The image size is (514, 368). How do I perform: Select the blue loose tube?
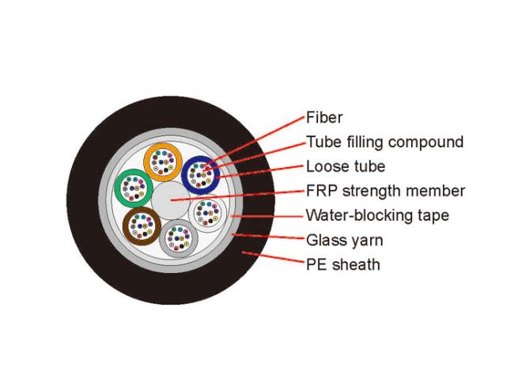click(201, 174)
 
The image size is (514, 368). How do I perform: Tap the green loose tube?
click(133, 188)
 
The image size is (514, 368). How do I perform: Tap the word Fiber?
click(324, 118)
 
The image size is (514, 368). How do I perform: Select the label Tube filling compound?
click(384, 142)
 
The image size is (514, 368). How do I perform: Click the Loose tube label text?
click(346, 166)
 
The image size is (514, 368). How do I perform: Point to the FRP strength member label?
click(385, 191)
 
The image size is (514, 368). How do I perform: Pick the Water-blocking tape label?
click(377, 215)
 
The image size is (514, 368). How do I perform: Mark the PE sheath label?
click(342, 264)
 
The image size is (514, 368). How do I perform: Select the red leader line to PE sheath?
click(273, 258)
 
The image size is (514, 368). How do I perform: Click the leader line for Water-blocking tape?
click(269, 215)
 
